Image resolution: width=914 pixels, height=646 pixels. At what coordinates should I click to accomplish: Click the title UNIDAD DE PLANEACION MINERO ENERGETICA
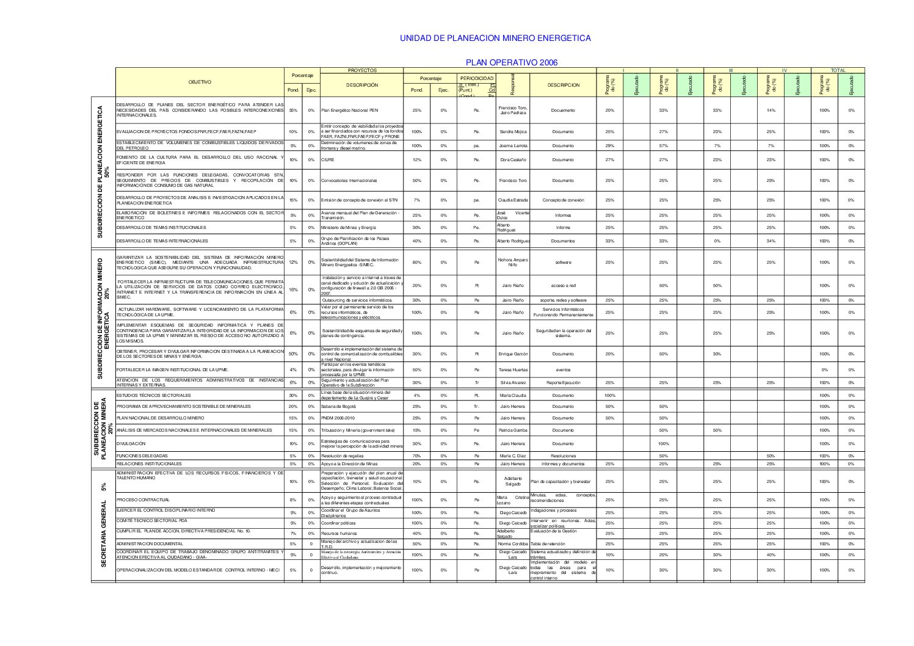click(495, 38)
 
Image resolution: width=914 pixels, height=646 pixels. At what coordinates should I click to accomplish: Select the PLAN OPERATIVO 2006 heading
click(512, 62)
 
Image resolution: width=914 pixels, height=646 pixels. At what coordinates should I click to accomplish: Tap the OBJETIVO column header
click(200, 82)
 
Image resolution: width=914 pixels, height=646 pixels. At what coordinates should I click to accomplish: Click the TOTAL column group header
click(838, 70)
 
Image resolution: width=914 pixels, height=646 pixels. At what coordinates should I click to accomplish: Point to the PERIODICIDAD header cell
click(476, 78)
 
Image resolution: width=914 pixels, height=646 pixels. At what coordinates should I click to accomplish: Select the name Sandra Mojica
click(513, 132)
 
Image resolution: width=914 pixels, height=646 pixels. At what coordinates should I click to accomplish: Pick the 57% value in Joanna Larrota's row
click(663, 146)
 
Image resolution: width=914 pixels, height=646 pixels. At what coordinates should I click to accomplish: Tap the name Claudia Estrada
click(513, 200)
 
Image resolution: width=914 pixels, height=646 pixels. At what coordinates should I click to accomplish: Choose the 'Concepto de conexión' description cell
click(563, 200)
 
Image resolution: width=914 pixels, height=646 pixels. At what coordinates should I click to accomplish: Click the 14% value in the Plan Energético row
click(771, 111)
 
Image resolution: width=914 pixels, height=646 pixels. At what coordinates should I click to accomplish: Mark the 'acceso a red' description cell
click(563, 286)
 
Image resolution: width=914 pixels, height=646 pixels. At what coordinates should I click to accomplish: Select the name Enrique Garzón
click(513, 354)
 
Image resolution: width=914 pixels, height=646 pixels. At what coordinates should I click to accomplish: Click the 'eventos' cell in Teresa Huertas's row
click(563, 370)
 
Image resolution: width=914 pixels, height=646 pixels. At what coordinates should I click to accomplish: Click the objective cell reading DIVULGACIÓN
click(131, 444)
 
